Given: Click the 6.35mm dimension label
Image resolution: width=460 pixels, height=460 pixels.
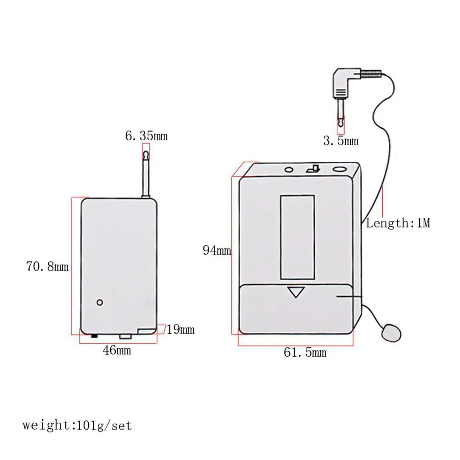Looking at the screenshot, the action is click(147, 136).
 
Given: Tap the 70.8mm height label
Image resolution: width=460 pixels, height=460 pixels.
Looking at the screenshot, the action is click(47, 267).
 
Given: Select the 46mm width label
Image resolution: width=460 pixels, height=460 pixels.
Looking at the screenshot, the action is click(117, 350).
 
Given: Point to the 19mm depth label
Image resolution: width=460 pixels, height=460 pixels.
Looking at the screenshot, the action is click(181, 329).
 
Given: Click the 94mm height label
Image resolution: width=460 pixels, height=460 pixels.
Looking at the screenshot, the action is click(217, 250).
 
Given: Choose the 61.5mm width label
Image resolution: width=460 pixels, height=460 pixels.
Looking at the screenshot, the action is click(305, 352).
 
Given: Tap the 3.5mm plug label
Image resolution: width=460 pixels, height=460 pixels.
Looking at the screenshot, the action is click(341, 141).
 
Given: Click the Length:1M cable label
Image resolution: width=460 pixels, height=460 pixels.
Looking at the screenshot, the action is click(398, 223).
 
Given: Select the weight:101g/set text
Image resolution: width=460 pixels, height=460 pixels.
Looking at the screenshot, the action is click(77, 426).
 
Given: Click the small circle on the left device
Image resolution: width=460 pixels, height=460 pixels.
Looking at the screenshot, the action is click(100, 302).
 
